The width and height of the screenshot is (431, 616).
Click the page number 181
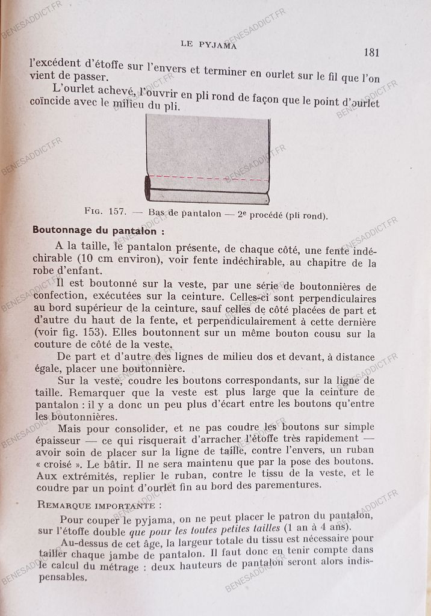point(371,52)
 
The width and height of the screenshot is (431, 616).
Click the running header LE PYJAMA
point(208,45)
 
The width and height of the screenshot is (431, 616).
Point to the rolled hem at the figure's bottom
point(207,196)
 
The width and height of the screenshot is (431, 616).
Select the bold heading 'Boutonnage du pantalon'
point(98,230)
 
